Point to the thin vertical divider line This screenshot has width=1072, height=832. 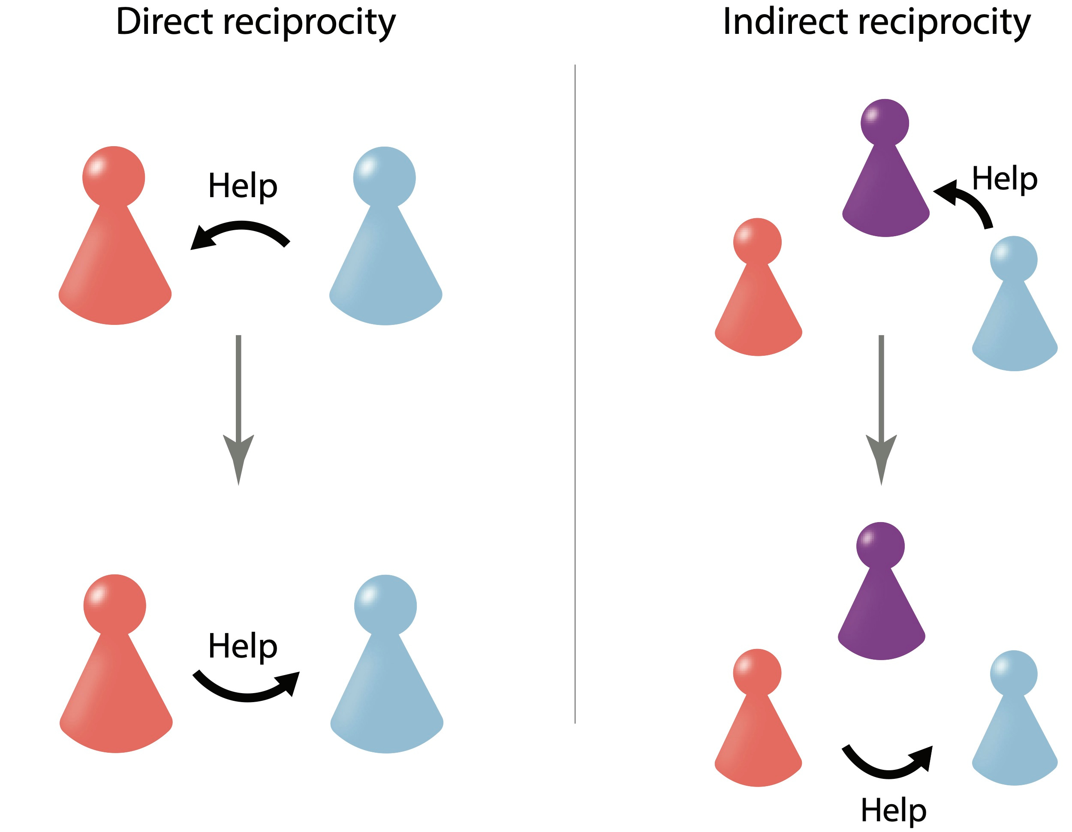pos(575,393)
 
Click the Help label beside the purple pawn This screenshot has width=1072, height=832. pos(1004,179)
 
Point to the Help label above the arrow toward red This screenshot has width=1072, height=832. pos(242,186)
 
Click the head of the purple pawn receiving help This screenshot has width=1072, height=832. pos(885,123)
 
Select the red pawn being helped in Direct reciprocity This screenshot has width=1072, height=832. pos(114,245)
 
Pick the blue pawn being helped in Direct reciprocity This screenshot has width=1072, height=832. pos(386,672)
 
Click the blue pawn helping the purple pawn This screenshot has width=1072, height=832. pos(1014,309)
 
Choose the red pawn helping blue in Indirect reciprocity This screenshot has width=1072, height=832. pos(758,726)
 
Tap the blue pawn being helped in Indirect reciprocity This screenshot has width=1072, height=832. pos(1014,726)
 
